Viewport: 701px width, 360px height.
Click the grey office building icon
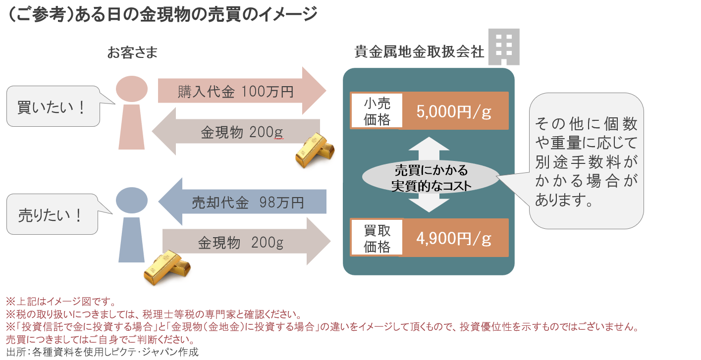[503, 47]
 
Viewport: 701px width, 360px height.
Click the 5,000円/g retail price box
[455, 111]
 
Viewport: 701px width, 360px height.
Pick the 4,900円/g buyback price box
[455, 238]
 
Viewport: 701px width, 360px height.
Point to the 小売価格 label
[377, 111]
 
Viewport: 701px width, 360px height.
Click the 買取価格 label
[377, 238]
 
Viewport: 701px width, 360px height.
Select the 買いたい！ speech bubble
[53, 106]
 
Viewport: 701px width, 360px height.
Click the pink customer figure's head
[131, 90]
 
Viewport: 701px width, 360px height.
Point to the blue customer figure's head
[131, 201]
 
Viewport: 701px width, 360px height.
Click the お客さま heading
[132, 53]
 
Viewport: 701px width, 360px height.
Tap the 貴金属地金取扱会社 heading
[419, 51]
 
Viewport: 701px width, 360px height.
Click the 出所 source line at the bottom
[102, 352]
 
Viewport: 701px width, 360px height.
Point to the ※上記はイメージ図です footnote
[60, 301]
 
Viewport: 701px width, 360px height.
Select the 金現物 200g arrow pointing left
[238, 132]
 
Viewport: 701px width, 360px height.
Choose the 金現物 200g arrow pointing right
[245, 243]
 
